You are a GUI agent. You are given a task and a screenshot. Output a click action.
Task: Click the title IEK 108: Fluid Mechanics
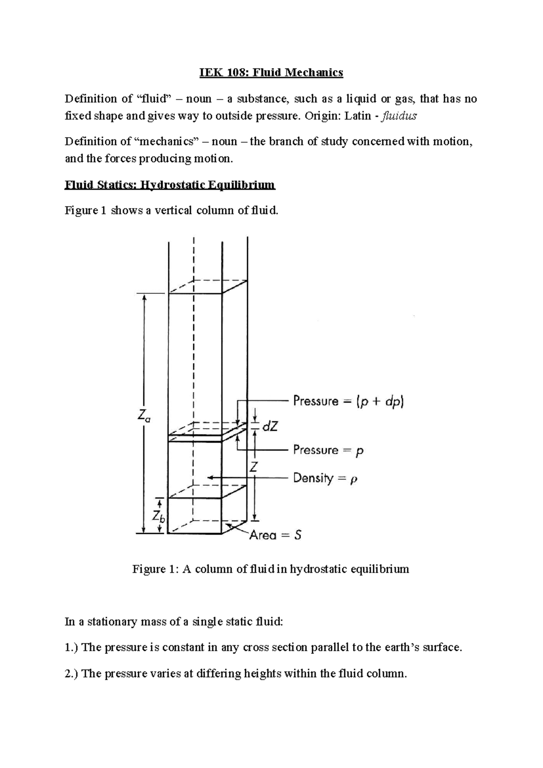coord(271,72)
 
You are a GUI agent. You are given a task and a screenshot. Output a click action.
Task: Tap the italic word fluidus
coord(400,116)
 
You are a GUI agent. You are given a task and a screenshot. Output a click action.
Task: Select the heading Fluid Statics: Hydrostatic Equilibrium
coord(170,185)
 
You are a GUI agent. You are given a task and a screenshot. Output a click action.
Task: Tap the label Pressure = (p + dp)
coord(348,401)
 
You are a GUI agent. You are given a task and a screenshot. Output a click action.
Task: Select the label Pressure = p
coord(329,450)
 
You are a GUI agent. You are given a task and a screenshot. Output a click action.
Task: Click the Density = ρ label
coord(325,478)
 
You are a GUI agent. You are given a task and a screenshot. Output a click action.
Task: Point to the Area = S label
coord(276,535)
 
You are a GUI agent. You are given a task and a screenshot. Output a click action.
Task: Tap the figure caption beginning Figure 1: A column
coord(271,569)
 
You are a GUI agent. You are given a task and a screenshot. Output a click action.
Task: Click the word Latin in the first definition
coord(357,116)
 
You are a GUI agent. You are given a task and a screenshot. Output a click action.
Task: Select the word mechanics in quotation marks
coord(167,142)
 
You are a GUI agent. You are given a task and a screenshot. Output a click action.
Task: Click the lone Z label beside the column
coord(254,467)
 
